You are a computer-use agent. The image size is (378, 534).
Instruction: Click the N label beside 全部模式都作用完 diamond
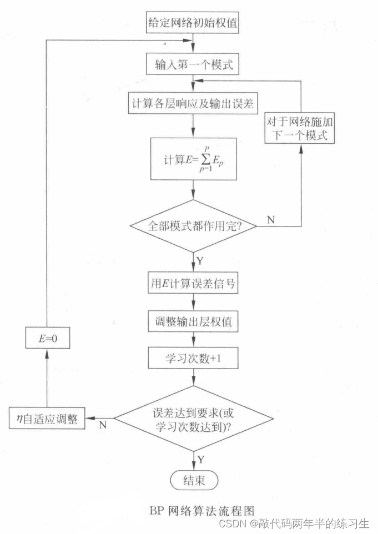(270, 220)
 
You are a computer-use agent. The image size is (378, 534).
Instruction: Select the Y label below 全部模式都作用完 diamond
(200, 260)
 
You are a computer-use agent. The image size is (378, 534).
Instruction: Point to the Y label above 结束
(200, 459)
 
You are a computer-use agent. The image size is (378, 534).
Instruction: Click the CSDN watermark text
(294, 523)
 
